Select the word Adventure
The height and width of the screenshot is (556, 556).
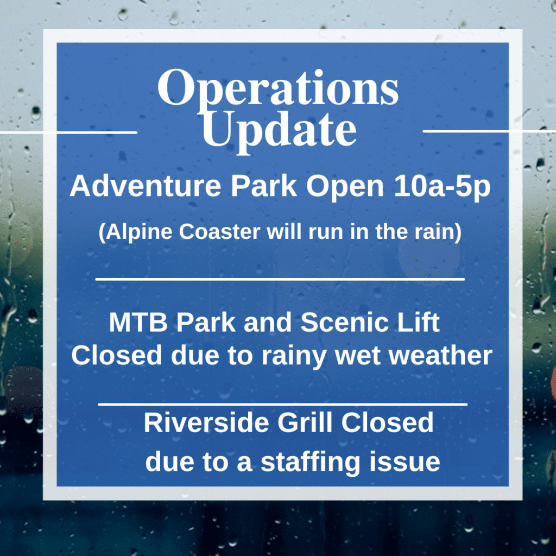(x=146, y=186)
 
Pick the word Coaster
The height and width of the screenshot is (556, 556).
(x=220, y=231)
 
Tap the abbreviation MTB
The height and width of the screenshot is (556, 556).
(x=138, y=323)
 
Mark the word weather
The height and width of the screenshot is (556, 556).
(x=441, y=355)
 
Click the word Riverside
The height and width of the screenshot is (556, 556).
(x=206, y=422)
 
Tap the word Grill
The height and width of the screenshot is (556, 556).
(x=305, y=422)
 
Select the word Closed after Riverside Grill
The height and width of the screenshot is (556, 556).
(x=387, y=422)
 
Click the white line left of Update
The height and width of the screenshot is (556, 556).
(x=68, y=132)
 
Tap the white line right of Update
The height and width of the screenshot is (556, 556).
(x=489, y=131)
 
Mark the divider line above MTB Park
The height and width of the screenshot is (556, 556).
(x=280, y=280)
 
